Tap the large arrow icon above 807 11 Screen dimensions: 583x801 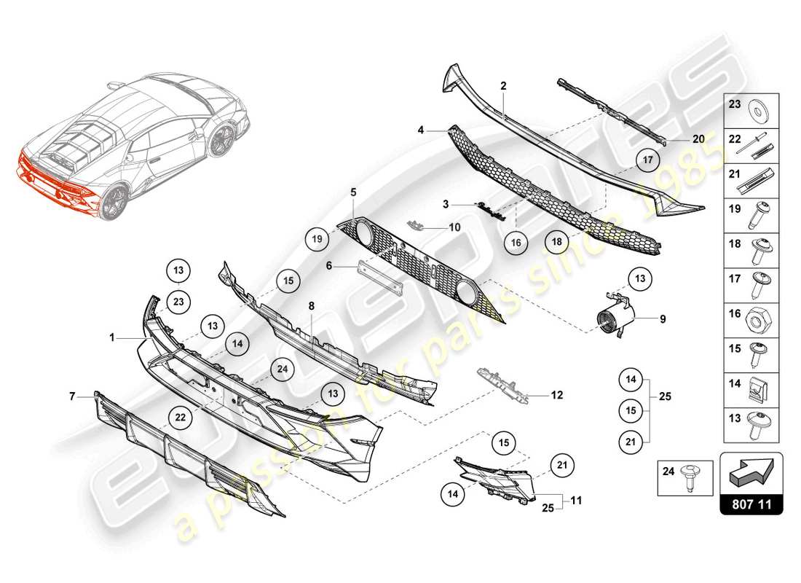(x=751, y=474)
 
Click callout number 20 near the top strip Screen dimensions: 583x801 (x=698, y=138)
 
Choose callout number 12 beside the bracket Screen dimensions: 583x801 (x=556, y=396)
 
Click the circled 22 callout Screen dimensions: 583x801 (x=180, y=417)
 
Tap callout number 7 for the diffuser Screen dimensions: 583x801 (x=72, y=396)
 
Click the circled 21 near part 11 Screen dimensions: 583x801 (x=561, y=463)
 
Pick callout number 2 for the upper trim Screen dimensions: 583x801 (x=503, y=85)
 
